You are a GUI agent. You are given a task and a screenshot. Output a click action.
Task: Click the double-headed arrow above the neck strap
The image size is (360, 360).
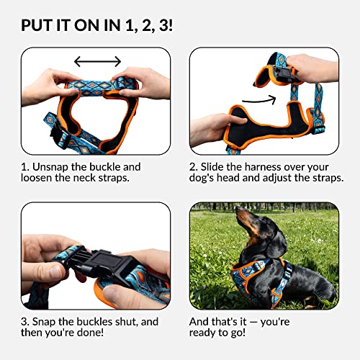coord(97,63)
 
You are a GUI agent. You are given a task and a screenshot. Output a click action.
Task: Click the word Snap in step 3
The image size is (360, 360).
coord(50,321)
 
